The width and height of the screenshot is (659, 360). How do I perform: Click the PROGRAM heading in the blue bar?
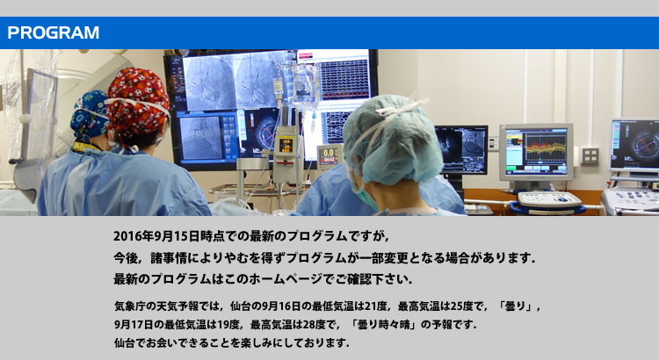point(54,32)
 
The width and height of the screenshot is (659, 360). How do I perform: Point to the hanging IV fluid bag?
point(306,84)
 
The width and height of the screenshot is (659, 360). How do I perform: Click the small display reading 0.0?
point(329,156)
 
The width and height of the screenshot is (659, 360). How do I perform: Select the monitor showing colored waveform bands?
point(536,152)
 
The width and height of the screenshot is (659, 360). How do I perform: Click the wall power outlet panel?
point(590,155)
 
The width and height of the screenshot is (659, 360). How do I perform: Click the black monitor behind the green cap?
point(462,149)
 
